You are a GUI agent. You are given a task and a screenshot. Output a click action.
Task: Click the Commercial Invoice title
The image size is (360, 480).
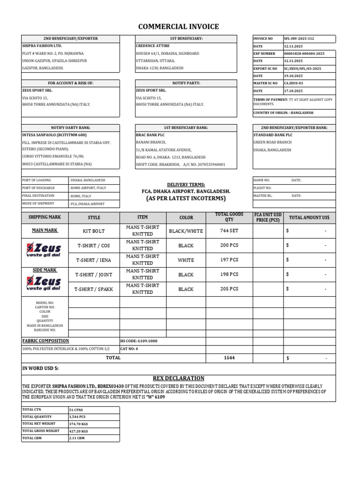[x=178, y=27]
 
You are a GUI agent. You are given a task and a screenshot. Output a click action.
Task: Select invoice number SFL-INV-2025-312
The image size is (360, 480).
[x=300, y=38]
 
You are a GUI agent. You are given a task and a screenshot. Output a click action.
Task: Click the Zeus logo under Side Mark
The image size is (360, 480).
[x=44, y=283]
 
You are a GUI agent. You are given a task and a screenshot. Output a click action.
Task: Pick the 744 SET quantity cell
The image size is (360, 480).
[x=229, y=231]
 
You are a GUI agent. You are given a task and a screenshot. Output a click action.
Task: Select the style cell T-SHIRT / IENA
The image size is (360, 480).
[x=94, y=260]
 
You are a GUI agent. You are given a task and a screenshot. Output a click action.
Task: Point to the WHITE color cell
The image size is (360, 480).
[x=186, y=260]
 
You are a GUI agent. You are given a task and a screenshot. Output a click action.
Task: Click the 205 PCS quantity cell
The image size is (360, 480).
[x=229, y=289]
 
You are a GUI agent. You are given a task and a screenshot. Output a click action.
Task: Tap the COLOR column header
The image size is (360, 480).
[x=186, y=217]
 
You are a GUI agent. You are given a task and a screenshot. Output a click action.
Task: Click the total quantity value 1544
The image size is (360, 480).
[x=229, y=358]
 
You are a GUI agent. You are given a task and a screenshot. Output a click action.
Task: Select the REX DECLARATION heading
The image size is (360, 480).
[x=178, y=378]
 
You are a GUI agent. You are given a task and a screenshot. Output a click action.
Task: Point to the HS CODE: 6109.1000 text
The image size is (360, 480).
[x=139, y=341]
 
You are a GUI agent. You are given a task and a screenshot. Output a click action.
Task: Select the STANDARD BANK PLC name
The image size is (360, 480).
[x=273, y=135]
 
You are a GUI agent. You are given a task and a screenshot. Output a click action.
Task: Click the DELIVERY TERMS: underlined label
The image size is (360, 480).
[x=186, y=185]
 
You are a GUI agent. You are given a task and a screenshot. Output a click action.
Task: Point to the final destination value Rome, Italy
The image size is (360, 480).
[x=81, y=196]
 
